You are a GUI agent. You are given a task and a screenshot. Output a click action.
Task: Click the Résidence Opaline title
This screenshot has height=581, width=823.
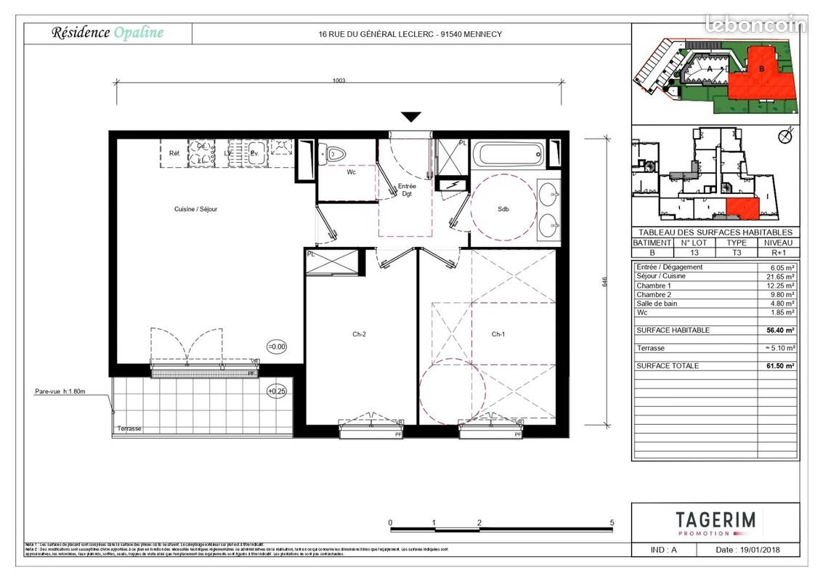pyautogui.click(x=107, y=33)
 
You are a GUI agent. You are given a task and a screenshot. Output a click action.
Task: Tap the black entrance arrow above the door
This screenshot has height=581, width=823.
pyautogui.click(x=411, y=117)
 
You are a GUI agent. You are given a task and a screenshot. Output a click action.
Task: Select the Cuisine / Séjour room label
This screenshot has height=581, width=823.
pyautogui.click(x=195, y=209)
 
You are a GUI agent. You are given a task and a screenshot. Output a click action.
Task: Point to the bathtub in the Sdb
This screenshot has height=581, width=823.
pyautogui.click(x=506, y=155)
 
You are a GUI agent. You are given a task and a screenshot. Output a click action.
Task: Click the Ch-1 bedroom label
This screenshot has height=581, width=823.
pyautogui.click(x=498, y=335)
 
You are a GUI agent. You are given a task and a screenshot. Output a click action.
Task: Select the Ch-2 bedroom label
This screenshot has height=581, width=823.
pyautogui.click(x=359, y=335)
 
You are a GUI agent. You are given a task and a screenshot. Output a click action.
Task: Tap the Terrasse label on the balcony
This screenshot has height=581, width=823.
pyautogui.click(x=129, y=429)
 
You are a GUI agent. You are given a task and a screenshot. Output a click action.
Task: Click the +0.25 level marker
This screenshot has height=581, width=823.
pyautogui.click(x=277, y=391)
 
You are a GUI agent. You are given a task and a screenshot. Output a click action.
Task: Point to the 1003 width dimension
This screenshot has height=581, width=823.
pyautogui.click(x=338, y=81)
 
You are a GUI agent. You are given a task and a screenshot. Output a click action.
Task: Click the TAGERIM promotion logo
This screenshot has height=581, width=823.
pyautogui.click(x=715, y=522)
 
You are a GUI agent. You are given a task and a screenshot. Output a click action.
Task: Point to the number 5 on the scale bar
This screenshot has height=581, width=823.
pyautogui.click(x=612, y=523)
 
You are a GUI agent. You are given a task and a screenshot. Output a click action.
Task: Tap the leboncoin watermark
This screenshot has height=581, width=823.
pyautogui.click(x=755, y=25)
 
